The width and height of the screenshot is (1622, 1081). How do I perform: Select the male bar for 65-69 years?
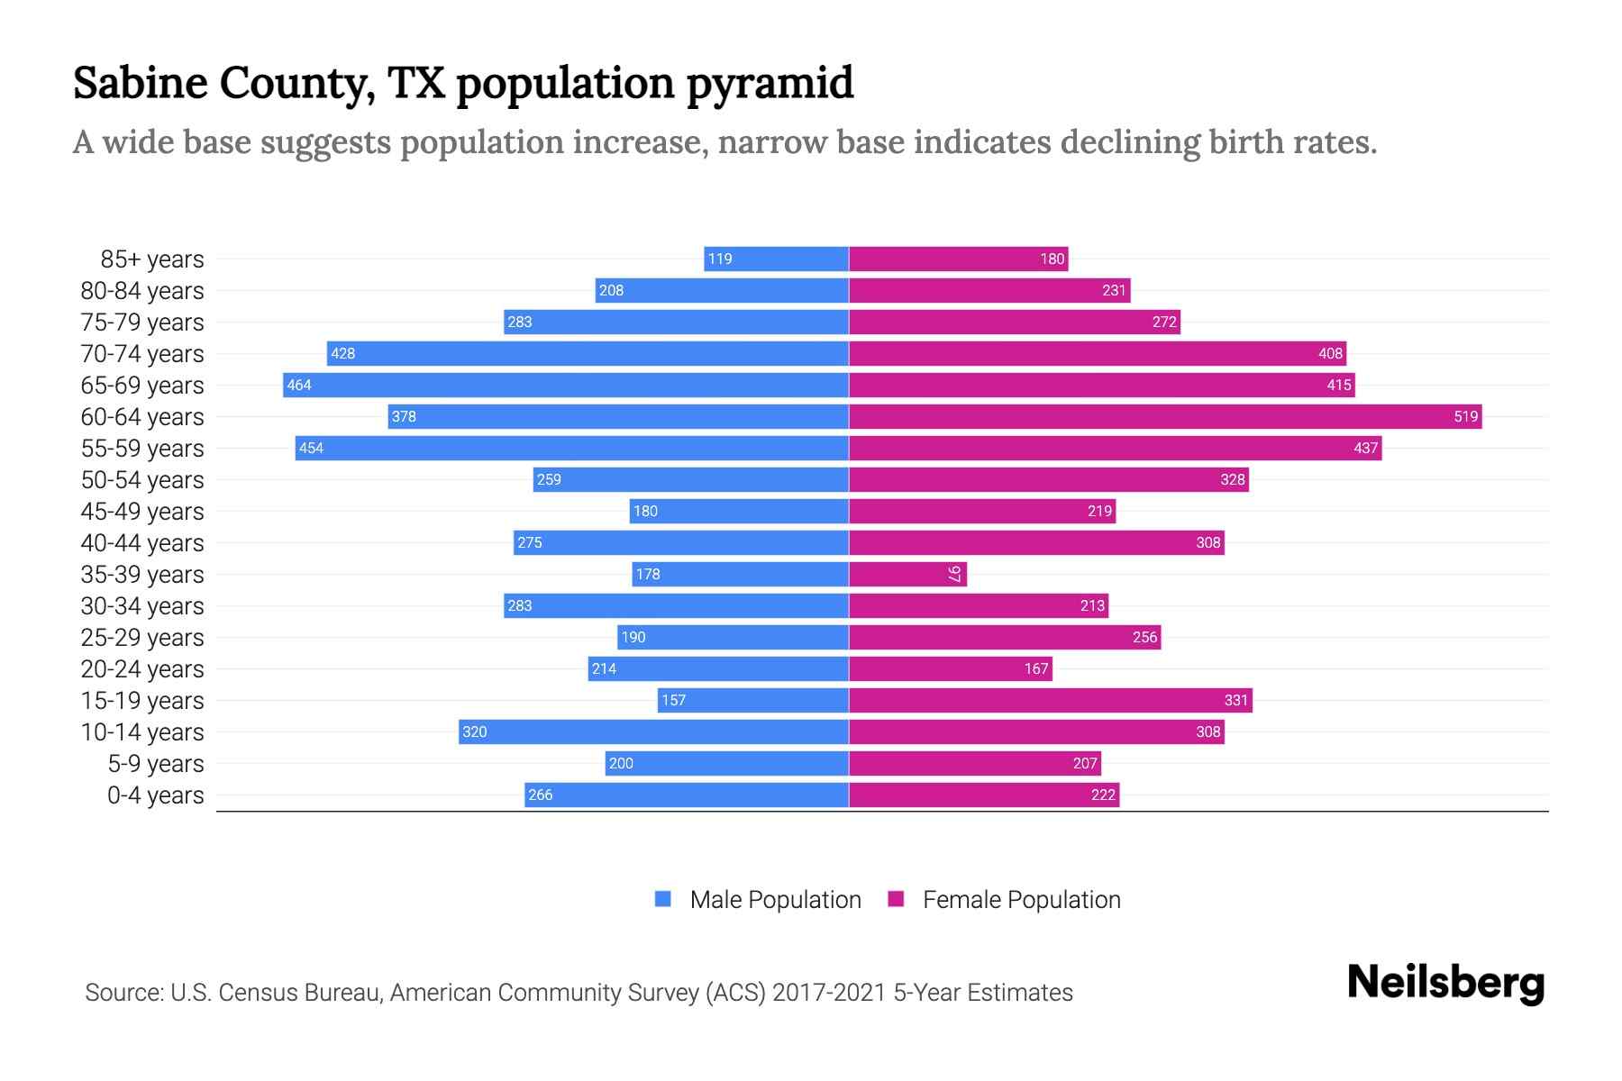[566, 385]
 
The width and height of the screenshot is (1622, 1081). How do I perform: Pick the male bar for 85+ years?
[777, 259]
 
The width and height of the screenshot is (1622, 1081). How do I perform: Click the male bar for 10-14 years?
[653, 731]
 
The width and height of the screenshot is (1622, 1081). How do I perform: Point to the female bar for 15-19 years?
[1050, 700]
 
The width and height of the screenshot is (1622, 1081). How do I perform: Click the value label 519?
[1465, 416]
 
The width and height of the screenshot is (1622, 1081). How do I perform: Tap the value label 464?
[299, 385]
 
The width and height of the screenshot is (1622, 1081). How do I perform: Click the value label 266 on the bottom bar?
[541, 795]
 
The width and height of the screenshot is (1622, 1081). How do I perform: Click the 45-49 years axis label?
[142, 511]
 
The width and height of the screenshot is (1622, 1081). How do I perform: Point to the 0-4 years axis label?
[155, 795]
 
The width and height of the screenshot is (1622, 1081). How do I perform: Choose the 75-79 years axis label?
[142, 322]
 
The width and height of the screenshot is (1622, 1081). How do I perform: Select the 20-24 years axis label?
[142, 668]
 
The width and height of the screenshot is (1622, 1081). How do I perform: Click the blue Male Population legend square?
[663, 899]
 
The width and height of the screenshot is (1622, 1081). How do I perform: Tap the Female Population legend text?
[1021, 899]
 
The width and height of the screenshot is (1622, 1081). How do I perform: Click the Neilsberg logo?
[1445, 983]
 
